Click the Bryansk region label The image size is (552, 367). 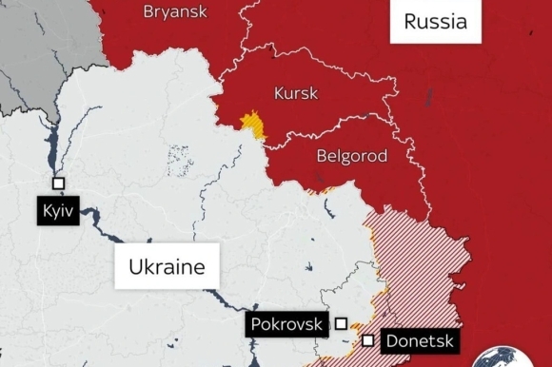174,11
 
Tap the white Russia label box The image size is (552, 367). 435,21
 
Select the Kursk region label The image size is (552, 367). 296,94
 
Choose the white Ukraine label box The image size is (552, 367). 167,266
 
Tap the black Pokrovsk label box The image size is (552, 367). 286,324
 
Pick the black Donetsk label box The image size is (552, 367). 419,340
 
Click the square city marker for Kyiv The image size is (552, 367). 58,183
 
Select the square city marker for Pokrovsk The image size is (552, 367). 342,324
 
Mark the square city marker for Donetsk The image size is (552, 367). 368,340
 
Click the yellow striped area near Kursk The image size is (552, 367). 253,125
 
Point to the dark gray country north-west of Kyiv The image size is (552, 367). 29,57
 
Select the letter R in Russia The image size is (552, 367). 411,22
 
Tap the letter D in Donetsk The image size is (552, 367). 392,341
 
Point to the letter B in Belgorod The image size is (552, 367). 318,154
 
